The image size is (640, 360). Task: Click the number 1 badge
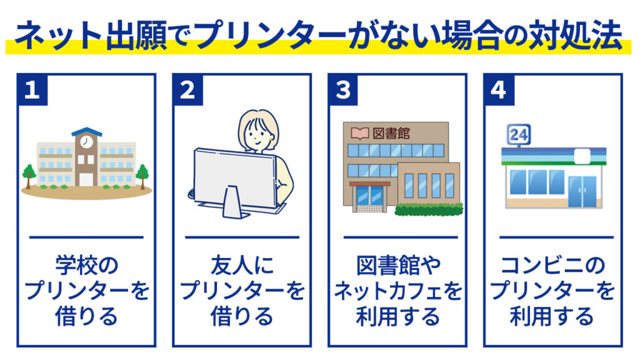[x=32, y=90]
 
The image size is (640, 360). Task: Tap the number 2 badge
[x=187, y=90]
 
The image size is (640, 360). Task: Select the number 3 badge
[x=343, y=90]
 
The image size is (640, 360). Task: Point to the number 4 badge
[x=499, y=90]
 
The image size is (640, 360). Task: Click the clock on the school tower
[x=86, y=142]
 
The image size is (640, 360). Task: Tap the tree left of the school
[x=29, y=176]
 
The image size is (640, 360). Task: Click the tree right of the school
[x=142, y=176]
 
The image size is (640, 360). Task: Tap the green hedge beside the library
[x=429, y=209]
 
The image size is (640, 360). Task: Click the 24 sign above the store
[x=518, y=134]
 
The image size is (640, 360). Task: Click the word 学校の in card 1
[x=86, y=265]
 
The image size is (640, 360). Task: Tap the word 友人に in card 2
[x=242, y=265]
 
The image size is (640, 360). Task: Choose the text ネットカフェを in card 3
[x=398, y=291]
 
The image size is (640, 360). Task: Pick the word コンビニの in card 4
[x=552, y=265]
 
